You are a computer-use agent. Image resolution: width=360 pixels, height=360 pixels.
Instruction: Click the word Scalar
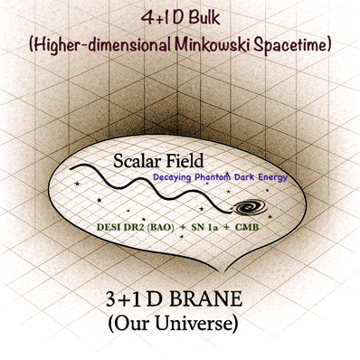(143, 161)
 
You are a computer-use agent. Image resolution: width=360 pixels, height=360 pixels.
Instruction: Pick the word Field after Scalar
(200, 161)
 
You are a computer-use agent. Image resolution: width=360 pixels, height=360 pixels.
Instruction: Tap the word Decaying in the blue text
(174, 177)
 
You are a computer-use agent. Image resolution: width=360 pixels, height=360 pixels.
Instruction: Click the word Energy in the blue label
(271, 177)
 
